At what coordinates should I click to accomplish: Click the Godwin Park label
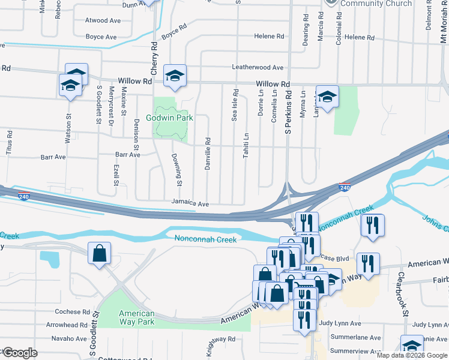click(175, 118)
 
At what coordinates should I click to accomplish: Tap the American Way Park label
click(136, 318)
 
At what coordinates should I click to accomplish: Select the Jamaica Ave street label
click(190, 204)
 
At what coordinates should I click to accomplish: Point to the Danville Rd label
click(208, 154)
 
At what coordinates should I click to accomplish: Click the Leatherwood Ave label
click(262, 68)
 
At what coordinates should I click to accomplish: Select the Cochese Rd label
click(72, 312)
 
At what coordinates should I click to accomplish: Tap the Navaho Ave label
click(69, 339)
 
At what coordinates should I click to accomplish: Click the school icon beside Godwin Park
click(175, 75)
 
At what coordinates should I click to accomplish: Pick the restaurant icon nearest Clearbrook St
click(368, 263)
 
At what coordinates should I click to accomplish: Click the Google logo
click(20, 353)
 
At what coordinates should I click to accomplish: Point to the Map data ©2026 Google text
click(411, 355)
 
